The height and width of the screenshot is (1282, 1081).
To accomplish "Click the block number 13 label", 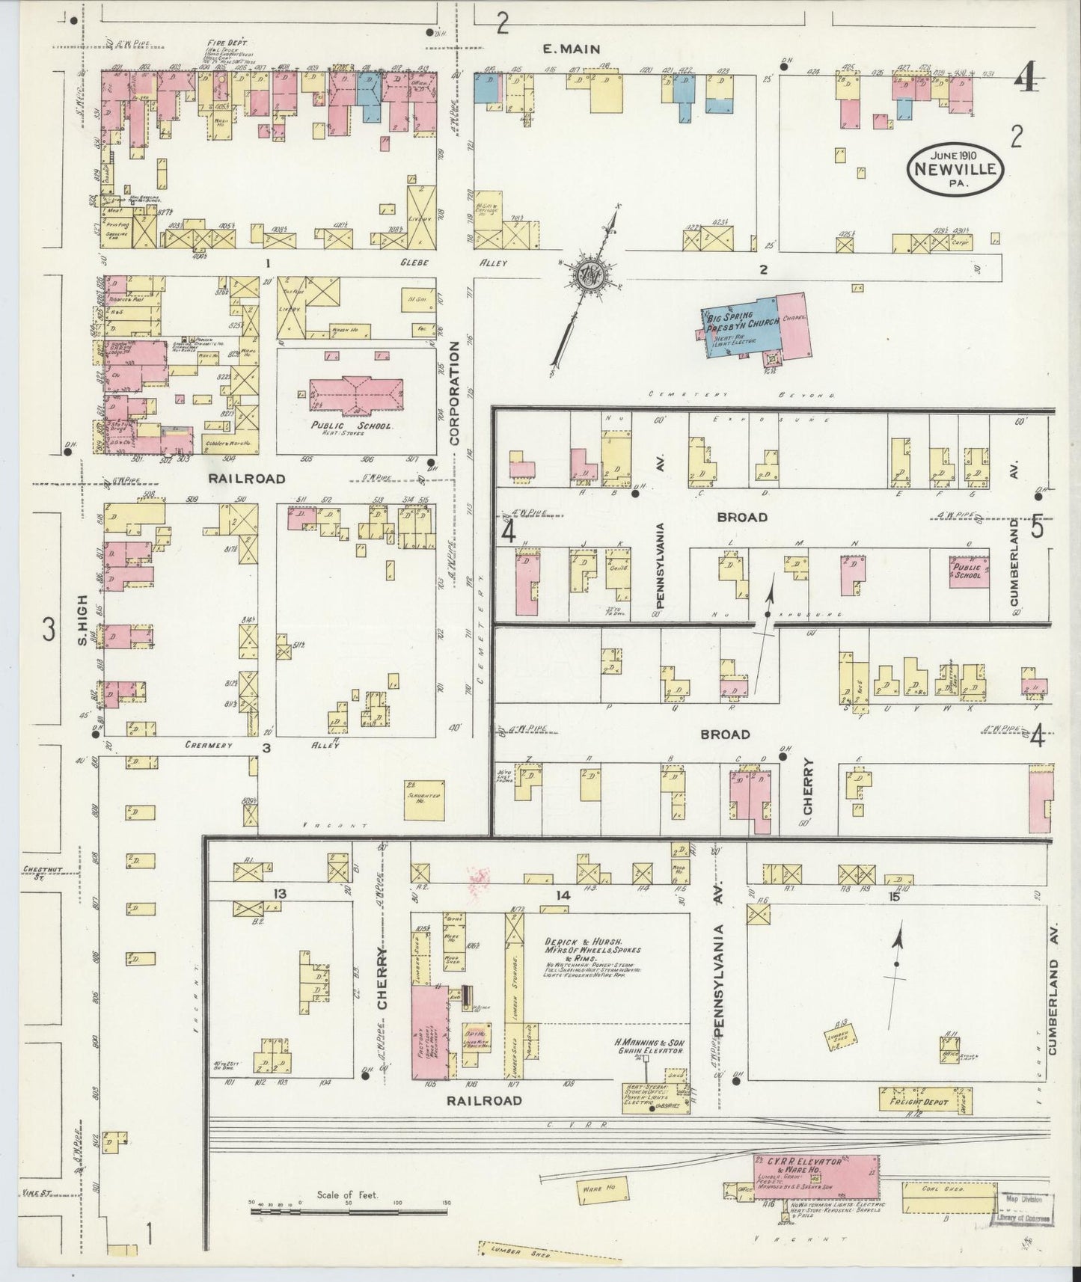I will click(x=280, y=894).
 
